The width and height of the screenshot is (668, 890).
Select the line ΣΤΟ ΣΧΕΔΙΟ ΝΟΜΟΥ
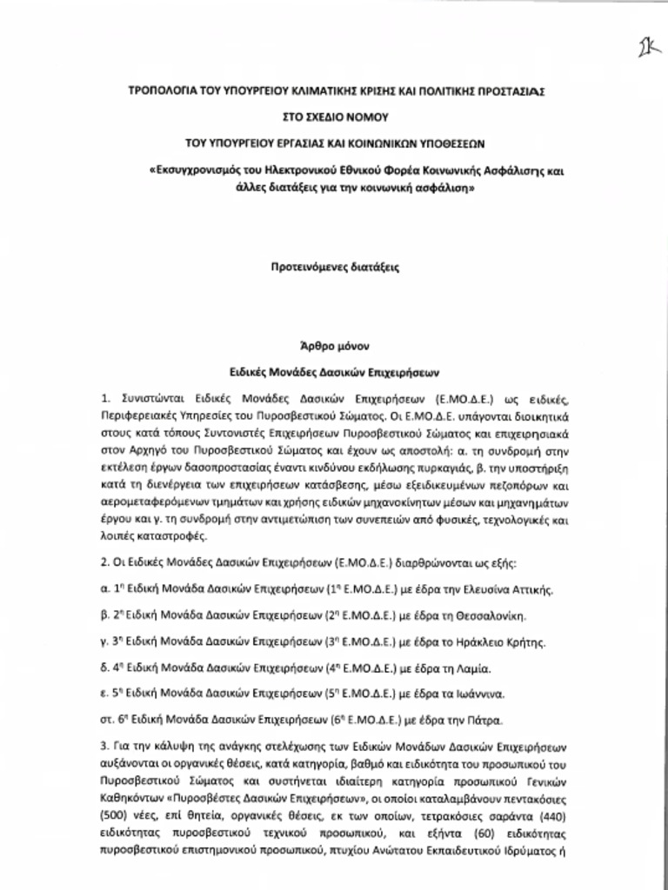click(335, 115)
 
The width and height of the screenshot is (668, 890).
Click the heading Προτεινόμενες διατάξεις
click(335, 269)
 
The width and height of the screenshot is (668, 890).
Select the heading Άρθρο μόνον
click(335, 344)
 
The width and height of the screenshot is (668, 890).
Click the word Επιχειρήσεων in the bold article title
click(397, 369)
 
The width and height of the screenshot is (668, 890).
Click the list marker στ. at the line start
click(107, 721)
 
